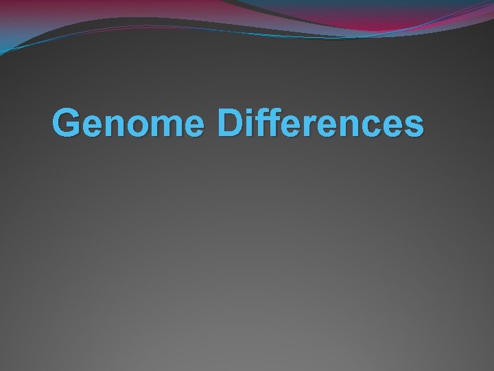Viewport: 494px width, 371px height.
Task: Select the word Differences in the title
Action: coord(320,124)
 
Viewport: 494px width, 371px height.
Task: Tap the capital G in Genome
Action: coord(68,124)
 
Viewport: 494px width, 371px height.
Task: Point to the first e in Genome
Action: coord(95,128)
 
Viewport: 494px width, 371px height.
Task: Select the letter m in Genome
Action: coord(169,128)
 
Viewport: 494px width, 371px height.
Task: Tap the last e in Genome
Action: coord(197,128)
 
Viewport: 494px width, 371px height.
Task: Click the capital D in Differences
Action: coord(231,124)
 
